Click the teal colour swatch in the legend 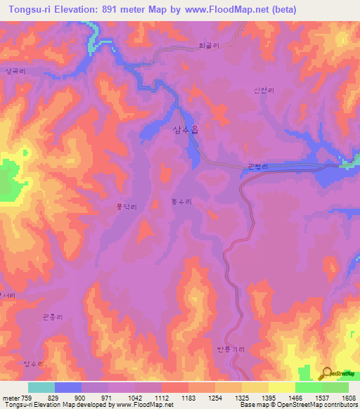point(41,387)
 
